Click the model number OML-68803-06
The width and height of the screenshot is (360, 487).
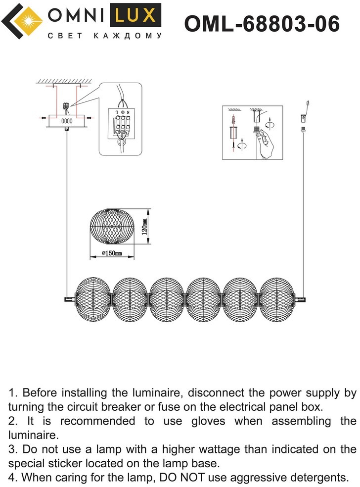click(262, 23)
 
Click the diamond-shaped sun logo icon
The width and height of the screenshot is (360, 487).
click(22, 21)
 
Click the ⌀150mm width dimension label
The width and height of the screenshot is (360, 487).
click(112, 254)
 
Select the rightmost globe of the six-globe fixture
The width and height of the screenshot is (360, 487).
click(277, 298)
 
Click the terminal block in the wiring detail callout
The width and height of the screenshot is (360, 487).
click(122, 127)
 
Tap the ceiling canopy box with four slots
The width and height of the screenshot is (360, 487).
click(66, 120)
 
